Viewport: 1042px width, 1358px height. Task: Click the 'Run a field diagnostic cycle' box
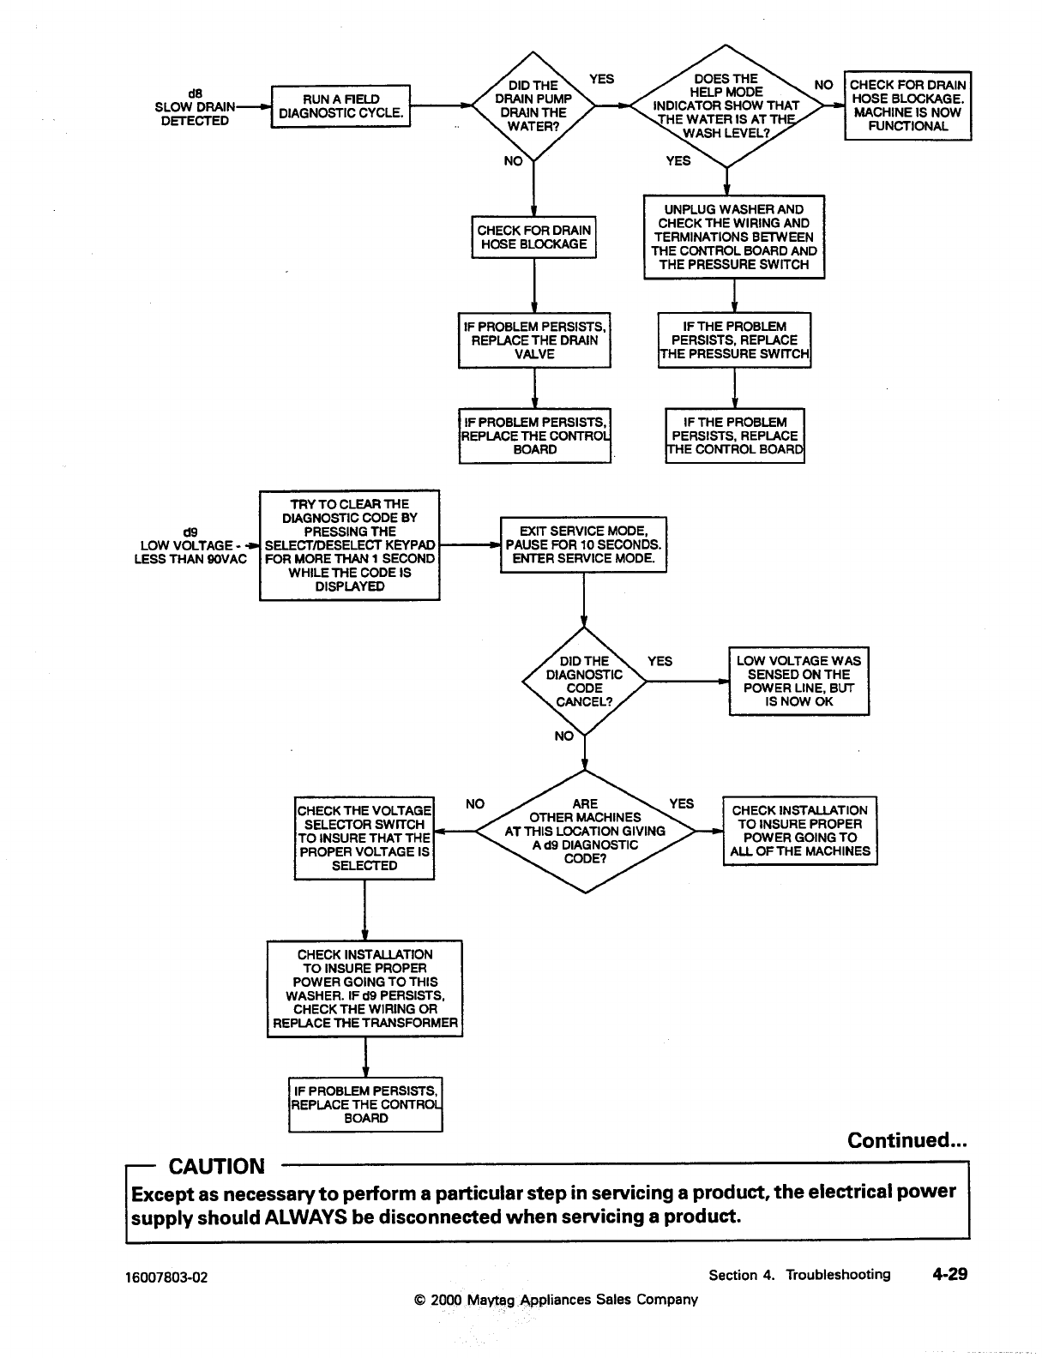(x=340, y=106)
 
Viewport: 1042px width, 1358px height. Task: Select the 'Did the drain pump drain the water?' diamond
(x=533, y=106)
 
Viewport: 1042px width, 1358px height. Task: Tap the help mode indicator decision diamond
(x=726, y=106)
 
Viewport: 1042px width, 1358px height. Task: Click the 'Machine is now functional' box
(x=907, y=105)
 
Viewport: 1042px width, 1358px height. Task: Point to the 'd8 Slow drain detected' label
(x=195, y=107)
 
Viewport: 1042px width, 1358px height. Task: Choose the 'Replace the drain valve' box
(x=534, y=340)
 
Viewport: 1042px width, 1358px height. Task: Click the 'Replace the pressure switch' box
(x=734, y=340)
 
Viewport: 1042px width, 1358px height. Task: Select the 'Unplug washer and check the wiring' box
(x=734, y=237)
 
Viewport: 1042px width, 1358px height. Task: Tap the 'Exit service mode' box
(x=583, y=544)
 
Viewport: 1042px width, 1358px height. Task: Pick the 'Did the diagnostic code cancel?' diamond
(x=584, y=682)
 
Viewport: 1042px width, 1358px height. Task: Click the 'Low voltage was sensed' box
(x=798, y=681)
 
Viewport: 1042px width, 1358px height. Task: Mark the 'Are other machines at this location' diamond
(x=585, y=831)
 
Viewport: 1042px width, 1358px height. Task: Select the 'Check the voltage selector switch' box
(x=364, y=838)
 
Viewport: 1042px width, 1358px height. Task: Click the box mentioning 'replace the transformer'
(x=365, y=988)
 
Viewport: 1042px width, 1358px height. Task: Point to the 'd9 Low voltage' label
(x=190, y=545)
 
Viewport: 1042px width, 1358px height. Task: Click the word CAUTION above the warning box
(x=217, y=1166)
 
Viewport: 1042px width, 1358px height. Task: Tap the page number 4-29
(x=949, y=1274)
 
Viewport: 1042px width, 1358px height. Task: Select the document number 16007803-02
(x=166, y=1277)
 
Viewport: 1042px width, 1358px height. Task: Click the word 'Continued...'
(x=907, y=1140)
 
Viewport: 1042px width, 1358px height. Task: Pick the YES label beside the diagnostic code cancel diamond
(x=660, y=661)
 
